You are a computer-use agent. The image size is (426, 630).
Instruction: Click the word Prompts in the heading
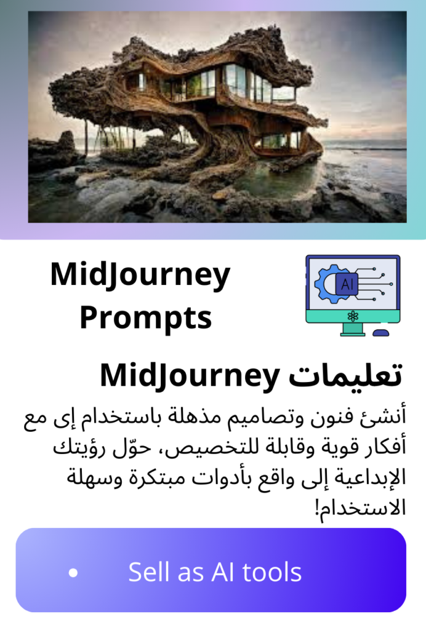(145, 318)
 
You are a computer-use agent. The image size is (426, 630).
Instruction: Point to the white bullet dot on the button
(73, 572)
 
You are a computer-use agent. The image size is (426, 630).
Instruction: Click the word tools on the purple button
(272, 572)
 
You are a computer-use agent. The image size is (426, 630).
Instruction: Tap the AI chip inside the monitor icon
(347, 284)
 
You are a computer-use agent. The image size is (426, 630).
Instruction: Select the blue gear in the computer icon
(326, 283)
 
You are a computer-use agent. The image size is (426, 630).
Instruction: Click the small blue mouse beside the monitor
(381, 333)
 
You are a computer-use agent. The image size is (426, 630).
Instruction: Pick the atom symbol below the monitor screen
(353, 317)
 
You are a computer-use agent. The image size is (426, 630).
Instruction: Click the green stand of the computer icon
(353, 329)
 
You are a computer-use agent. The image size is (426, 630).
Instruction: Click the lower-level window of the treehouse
(277, 140)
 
